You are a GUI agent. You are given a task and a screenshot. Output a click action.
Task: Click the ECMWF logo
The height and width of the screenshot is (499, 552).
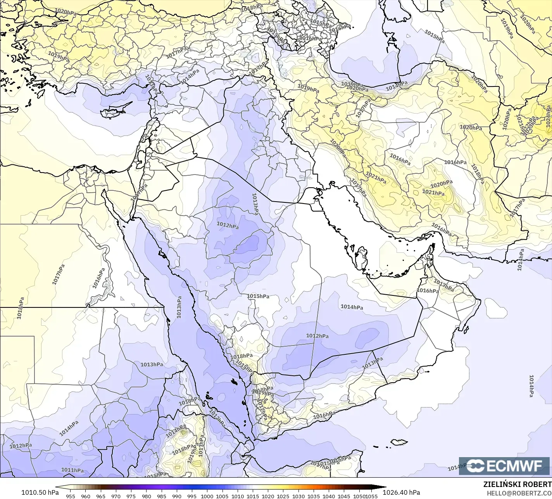tap(504, 466)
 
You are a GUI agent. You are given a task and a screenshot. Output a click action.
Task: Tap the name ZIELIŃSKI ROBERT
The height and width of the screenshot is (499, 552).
tap(517, 485)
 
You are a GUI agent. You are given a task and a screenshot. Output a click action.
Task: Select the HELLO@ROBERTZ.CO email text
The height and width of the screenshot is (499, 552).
tap(519, 493)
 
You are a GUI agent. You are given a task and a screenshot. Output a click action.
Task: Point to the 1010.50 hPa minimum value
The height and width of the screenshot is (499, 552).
tap(40, 492)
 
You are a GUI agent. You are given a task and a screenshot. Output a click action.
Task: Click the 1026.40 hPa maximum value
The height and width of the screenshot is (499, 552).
tap(401, 492)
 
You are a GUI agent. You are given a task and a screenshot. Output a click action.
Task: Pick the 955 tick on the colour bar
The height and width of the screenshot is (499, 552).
tap(70, 496)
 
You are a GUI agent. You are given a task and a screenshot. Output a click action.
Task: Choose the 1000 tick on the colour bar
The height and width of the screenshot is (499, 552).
tap(207, 496)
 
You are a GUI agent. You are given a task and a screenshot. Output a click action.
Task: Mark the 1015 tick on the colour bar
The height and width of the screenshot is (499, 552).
tap(253, 496)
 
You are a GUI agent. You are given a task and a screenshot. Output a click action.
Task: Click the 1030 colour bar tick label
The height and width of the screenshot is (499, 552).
tap(298, 496)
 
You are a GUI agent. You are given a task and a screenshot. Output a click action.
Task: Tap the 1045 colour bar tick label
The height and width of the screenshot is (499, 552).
tap(344, 496)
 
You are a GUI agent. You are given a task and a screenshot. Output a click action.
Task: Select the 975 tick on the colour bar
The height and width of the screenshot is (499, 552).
tap(131, 496)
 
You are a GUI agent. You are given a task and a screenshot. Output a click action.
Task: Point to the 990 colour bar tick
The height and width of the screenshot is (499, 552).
tap(177, 496)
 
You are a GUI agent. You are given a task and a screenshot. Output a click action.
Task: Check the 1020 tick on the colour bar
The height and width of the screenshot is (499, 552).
tap(268, 496)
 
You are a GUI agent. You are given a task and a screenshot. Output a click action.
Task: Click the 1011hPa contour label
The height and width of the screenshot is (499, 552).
tap(72, 471)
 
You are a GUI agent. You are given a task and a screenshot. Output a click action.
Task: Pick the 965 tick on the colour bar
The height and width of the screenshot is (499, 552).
tap(101, 496)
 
